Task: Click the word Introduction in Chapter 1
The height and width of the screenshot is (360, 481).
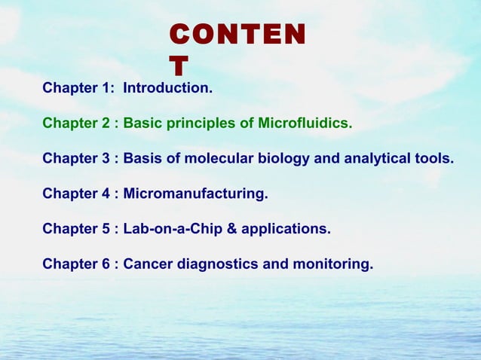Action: click(167, 88)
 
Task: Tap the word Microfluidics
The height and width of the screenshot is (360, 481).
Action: click(305, 124)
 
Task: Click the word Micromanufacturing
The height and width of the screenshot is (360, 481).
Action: click(195, 194)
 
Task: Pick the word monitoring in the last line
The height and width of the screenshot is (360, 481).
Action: click(335, 265)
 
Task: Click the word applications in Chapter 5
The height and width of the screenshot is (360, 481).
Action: click(291, 230)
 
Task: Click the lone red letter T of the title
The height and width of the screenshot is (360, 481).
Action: click(179, 67)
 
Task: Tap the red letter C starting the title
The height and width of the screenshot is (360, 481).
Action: click(179, 35)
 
